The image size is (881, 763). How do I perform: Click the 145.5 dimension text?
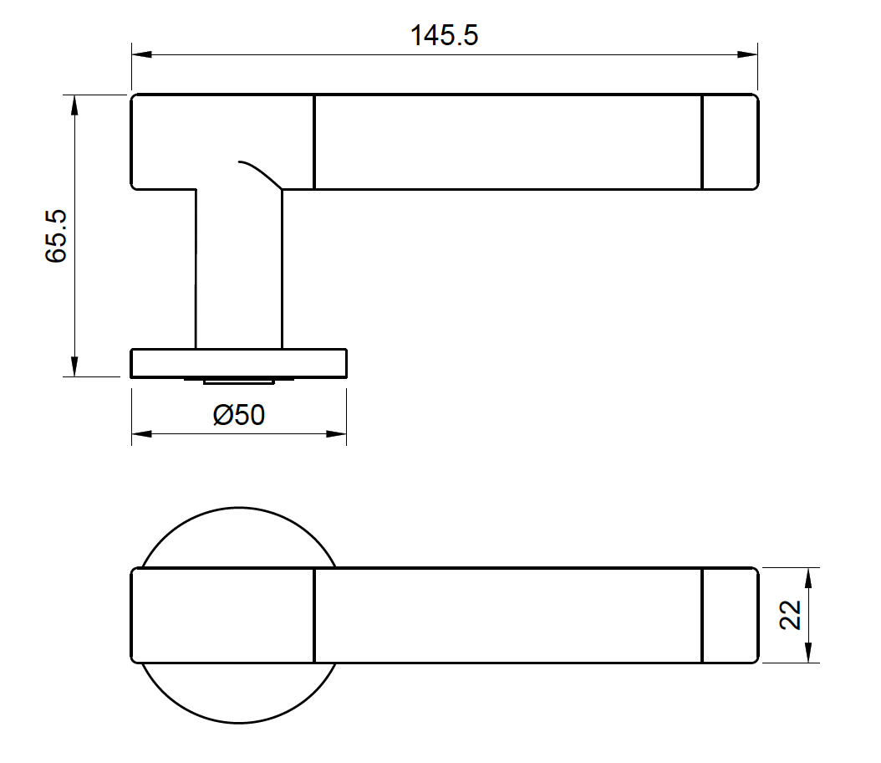click(x=444, y=36)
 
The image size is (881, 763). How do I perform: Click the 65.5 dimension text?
click(x=56, y=237)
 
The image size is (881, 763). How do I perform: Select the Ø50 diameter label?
click(x=239, y=415)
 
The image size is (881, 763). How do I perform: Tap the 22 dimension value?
click(x=791, y=615)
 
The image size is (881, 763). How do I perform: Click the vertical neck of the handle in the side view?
click(x=239, y=268)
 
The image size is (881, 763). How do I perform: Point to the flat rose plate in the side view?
click(x=239, y=364)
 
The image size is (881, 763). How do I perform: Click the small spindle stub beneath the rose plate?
click(x=239, y=381)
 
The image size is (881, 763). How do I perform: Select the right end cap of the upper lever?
click(x=730, y=141)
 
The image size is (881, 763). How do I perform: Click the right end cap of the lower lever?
click(x=730, y=615)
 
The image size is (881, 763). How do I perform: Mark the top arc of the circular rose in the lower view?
click(x=239, y=508)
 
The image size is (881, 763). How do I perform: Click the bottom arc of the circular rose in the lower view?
click(x=239, y=722)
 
